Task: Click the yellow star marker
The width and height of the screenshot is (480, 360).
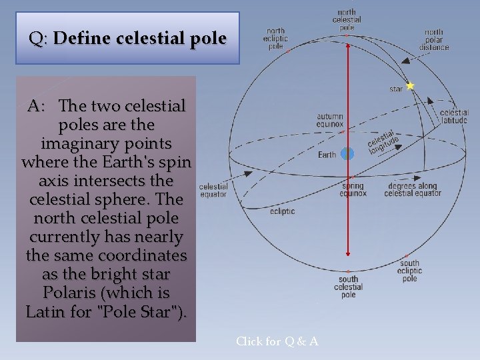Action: point(410,86)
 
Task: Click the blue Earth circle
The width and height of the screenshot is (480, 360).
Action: point(347,154)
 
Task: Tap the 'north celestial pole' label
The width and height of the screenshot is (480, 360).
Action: point(347,20)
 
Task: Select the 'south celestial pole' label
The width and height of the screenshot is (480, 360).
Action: point(348,287)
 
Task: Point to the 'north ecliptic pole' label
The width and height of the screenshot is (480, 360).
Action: point(275,39)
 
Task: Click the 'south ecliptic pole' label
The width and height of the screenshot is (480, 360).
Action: point(410,271)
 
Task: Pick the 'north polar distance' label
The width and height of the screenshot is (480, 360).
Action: point(434,39)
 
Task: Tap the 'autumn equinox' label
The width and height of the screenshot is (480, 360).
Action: point(330,120)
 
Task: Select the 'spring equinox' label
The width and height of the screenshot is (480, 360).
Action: point(353,190)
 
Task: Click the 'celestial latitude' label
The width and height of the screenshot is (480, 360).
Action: point(454,117)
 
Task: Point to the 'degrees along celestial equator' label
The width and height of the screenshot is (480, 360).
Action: point(413,190)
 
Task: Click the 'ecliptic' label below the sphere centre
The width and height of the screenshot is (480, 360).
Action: point(283,211)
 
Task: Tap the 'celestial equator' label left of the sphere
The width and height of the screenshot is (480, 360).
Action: point(213,191)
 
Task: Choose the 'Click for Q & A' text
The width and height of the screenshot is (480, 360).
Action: point(277,341)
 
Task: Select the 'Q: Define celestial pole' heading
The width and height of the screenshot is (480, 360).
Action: point(127,38)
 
